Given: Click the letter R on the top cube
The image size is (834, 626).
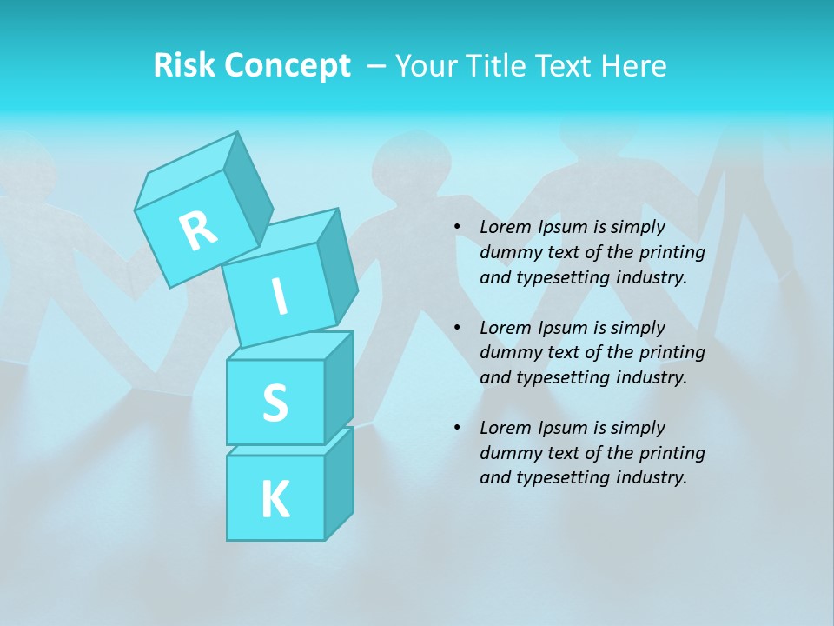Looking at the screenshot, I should [198, 230].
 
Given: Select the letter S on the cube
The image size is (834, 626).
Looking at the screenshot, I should [275, 403].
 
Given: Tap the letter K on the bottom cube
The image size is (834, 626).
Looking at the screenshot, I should [275, 500].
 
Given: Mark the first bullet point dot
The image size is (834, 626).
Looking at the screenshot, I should [457, 228].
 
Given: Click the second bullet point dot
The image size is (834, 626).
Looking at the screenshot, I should [457, 328].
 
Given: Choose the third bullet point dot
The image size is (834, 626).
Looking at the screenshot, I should [457, 428].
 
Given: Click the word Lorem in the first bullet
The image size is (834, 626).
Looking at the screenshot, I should [505, 228].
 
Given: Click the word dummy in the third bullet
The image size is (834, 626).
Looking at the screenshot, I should [507, 453].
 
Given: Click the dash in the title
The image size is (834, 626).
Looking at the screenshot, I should [377, 66].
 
